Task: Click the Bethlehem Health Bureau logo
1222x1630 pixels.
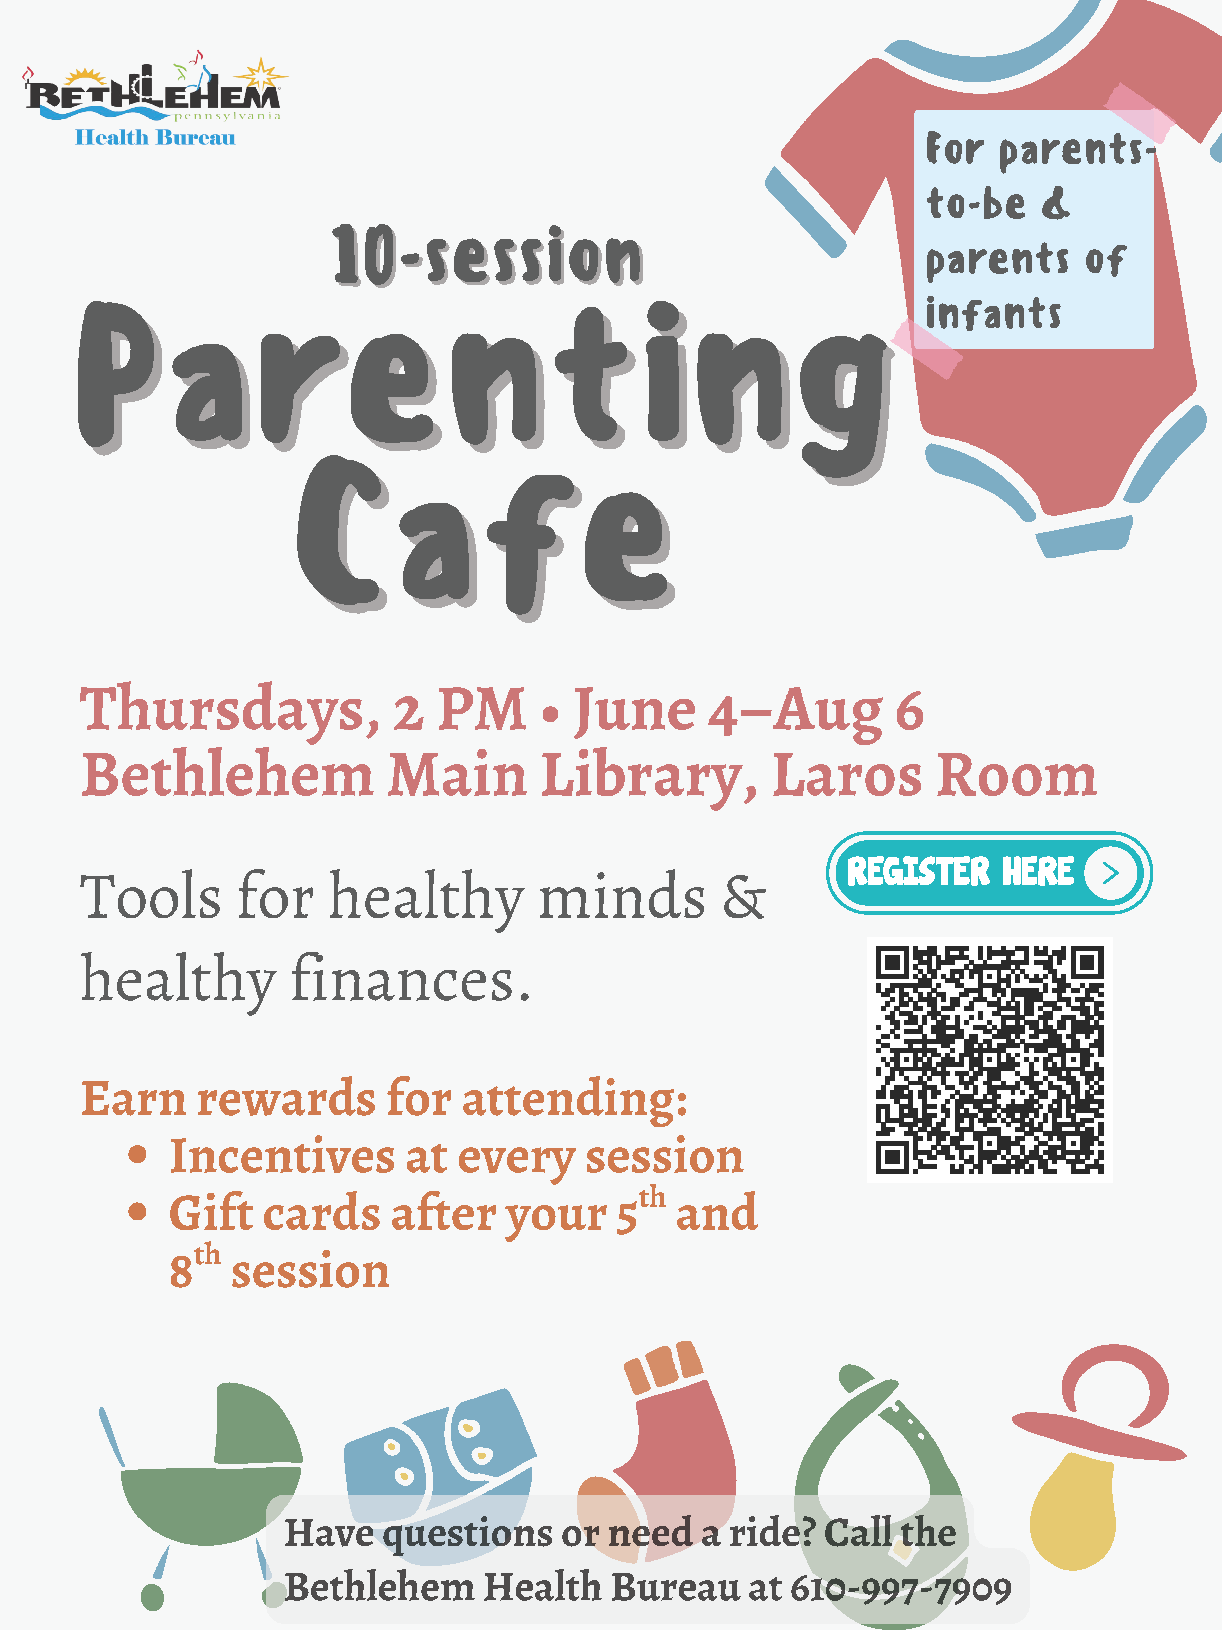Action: (x=155, y=99)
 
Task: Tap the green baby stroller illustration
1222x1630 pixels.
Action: (x=200, y=1488)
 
